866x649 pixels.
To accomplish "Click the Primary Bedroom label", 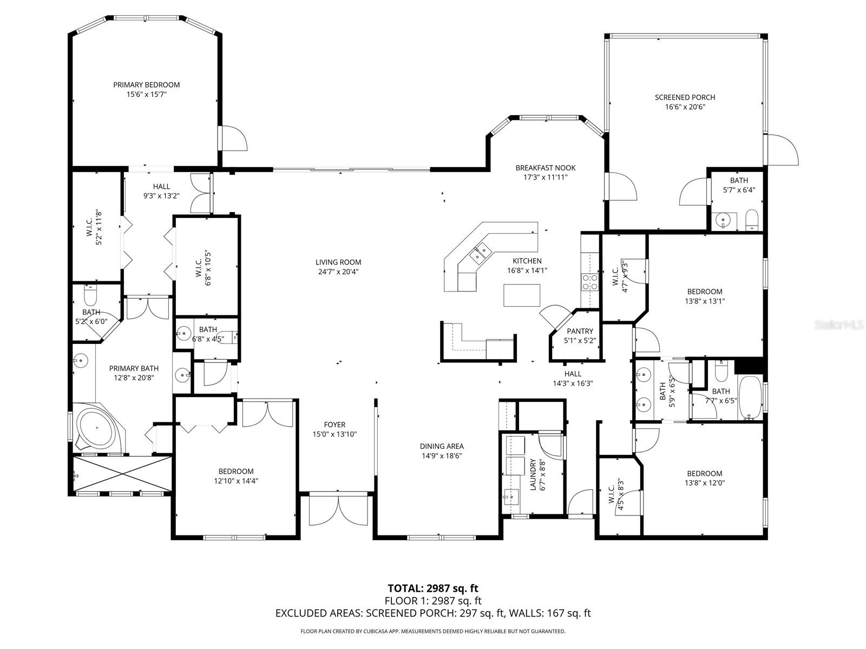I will [146, 84].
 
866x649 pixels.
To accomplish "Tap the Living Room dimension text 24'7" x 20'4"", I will [338, 271].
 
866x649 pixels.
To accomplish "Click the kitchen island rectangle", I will [522, 295].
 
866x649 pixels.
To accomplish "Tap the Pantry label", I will [580, 331].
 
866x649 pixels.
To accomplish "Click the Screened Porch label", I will [685, 97].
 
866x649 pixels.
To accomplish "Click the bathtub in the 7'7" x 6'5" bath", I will [750, 398].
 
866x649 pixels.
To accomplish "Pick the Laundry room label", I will [533, 474].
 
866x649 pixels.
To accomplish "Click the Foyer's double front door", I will [338, 509].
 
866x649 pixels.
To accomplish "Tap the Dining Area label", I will [442, 446].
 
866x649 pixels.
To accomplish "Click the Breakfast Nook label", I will [545, 168].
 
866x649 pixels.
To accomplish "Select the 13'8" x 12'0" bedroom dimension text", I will [704, 483].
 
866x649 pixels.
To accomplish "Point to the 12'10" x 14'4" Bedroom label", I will [236, 471].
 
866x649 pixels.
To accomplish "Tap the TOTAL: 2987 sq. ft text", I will [432, 588].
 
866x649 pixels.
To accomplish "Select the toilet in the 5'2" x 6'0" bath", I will [90, 296].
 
